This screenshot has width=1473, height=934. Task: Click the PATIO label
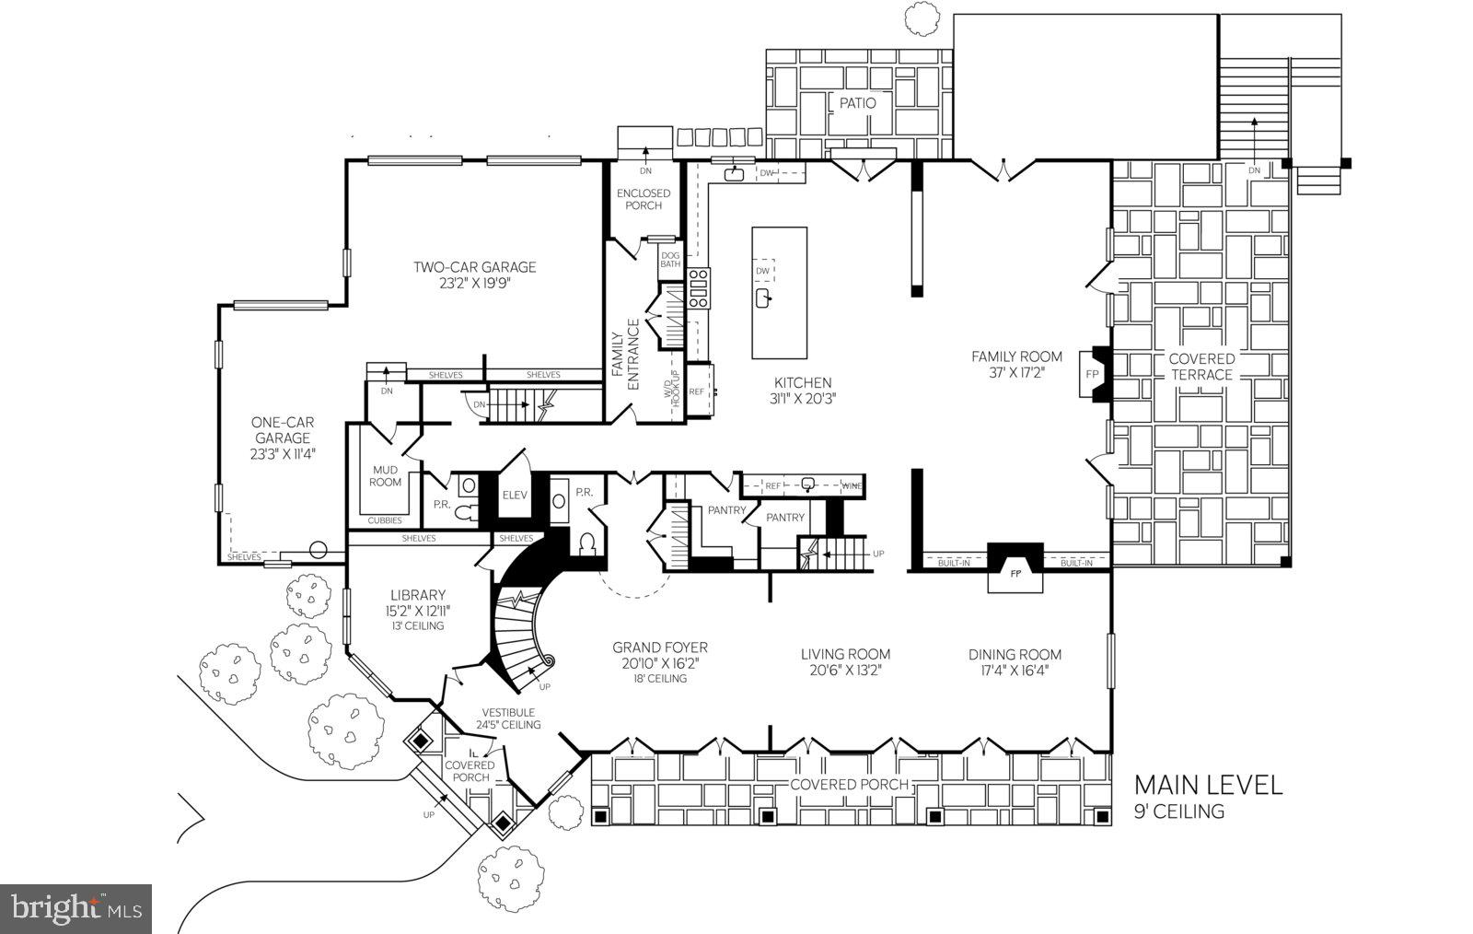(x=857, y=102)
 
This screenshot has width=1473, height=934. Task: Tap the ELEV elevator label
(x=515, y=496)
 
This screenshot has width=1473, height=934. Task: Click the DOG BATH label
(x=670, y=260)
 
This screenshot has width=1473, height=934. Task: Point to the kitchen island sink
(x=763, y=298)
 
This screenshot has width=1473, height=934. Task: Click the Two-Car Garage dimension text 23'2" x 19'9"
(x=474, y=284)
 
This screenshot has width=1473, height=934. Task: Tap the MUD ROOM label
(x=386, y=476)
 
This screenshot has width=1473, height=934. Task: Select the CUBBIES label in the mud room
(x=385, y=520)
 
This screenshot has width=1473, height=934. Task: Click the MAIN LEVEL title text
(x=1207, y=785)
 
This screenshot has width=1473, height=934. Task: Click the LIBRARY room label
(x=417, y=595)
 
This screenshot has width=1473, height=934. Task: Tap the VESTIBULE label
(x=508, y=712)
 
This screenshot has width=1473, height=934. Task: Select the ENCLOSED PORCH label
(x=644, y=199)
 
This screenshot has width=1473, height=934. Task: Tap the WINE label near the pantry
(x=852, y=485)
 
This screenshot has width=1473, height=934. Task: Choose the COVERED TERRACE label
(x=1201, y=367)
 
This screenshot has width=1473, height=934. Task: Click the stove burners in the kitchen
(x=699, y=287)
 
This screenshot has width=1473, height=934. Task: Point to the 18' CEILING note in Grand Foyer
(x=660, y=679)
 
